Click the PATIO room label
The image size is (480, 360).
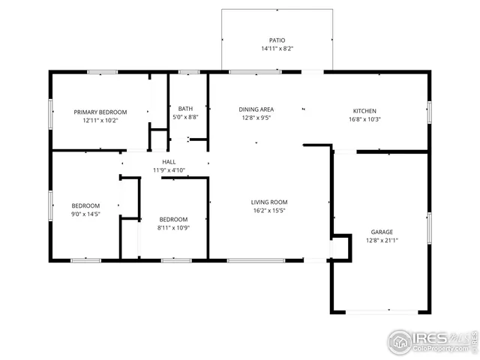[277, 40]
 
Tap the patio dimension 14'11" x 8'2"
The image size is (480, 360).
[277, 49]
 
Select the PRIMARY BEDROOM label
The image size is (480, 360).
[100, 112]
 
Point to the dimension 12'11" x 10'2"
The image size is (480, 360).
[100, 120]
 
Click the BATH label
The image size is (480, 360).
[184, 109]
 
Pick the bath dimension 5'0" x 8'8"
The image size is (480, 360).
[184, 117]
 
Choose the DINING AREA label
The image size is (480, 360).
[256, 109]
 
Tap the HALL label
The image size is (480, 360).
[169, 162]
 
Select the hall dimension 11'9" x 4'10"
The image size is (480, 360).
[169, 170]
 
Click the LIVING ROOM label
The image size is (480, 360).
[268, 202]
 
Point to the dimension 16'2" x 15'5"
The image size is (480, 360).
[268, 211]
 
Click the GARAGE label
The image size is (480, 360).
[381, 232]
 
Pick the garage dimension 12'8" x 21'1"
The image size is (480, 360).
[381, 241]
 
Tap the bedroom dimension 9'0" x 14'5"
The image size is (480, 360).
[85, 214]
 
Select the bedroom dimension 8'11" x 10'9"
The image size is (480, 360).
[173, 227]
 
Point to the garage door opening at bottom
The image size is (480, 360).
[381, 311]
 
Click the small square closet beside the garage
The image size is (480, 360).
[340, 246]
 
